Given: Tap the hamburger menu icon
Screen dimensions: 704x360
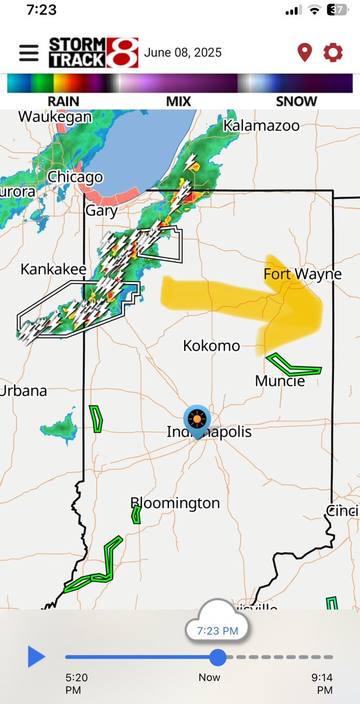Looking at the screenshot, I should (29, 53).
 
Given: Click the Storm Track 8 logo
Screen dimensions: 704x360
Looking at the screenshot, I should (93, 53).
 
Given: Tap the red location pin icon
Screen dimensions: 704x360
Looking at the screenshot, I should (304, 53).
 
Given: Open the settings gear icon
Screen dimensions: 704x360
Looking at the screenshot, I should (333, 53).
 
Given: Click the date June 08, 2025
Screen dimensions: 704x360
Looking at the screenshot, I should (183, 53).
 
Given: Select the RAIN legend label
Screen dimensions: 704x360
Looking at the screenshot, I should (63, 101).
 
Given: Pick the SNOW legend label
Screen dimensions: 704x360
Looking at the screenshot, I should (296, 101).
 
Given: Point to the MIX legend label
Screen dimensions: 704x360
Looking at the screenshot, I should (178, 101).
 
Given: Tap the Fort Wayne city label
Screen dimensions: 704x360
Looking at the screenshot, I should (302, 274).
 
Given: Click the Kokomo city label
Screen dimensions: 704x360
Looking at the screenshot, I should (212, 346).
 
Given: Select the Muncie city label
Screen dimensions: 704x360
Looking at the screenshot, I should (280, 381).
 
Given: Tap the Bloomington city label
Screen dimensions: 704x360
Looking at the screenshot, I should (175, 503).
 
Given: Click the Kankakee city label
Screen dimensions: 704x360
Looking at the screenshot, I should (53, 269).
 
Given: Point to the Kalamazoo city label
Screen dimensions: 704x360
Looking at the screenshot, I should (261, 126).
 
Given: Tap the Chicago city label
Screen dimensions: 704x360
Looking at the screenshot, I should (75, 177).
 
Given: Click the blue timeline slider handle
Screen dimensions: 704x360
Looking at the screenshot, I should (218, 657).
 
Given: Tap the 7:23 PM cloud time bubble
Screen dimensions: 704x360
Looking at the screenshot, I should (217, 631).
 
